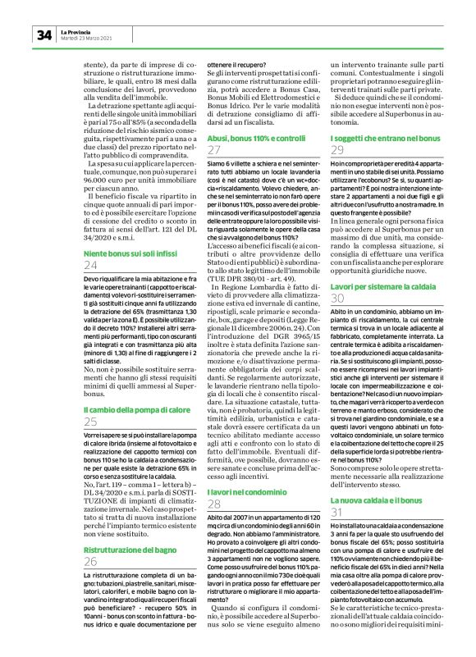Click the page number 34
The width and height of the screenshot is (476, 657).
coord(43,34)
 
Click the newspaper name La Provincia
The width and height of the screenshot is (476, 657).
coord(77,31)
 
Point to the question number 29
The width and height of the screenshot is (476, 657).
coord(337,151)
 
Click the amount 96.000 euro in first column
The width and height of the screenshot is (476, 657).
coord(102,153)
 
